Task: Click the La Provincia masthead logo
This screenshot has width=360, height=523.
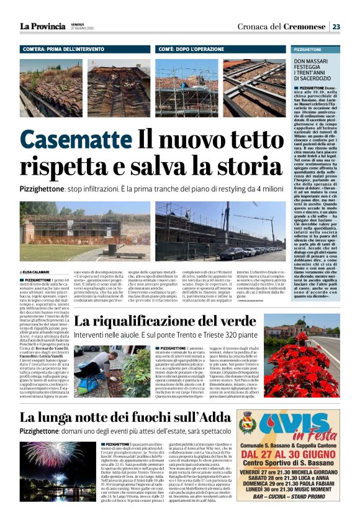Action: click(42, 26)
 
